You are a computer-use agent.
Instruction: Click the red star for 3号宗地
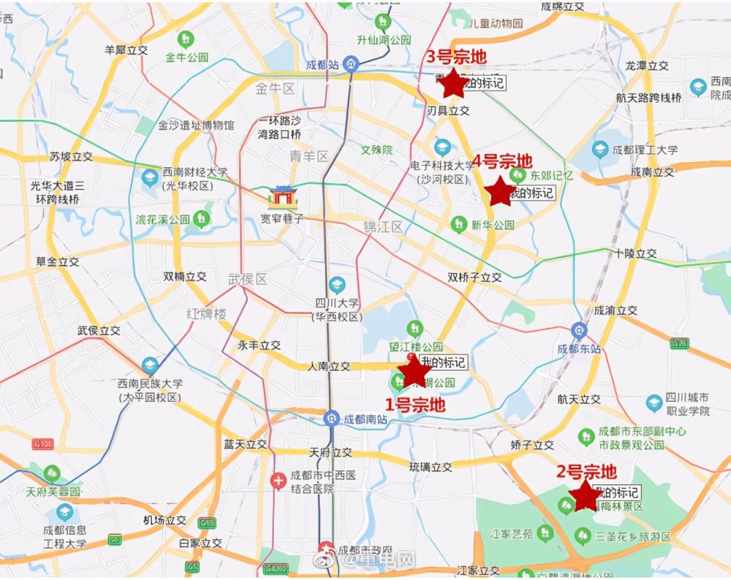click(x=454, y=83)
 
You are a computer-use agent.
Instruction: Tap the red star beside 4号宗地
click(x=501, y=191)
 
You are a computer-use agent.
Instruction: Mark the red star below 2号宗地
click(x=586, y=496)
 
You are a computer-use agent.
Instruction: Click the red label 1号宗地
click(x=415, y=404)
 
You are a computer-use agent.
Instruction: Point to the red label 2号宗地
click(x=586, y=472)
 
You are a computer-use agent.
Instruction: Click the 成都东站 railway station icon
click(x=579, y=330)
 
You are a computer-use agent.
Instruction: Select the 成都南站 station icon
click(x=331, y=419)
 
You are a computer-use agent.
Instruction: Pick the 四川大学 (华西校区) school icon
click(x=336, y=285)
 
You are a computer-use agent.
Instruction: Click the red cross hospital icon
click(x=278, y=481)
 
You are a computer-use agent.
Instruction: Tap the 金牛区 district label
click(x=274, y=89)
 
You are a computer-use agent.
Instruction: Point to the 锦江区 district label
click(x=383, y=227)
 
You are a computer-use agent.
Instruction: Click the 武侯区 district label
click(x=248, y=279)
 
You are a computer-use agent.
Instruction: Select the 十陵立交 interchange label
click(x=635, y=253)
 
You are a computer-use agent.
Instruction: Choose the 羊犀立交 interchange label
click(x=126, y=50)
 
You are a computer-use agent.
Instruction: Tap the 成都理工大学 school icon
click(x=600, y=150)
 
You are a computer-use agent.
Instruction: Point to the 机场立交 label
click(x=164, y=520)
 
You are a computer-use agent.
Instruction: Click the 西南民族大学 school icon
click(x=150, y=365)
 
